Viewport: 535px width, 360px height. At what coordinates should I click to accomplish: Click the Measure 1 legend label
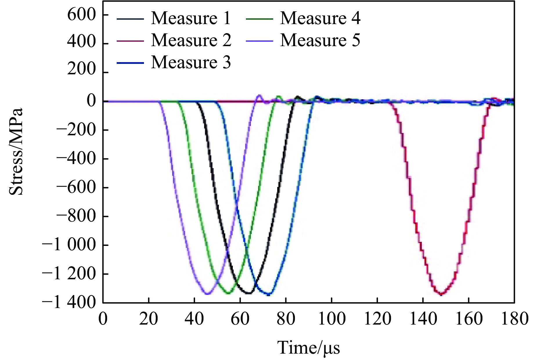point(191,18)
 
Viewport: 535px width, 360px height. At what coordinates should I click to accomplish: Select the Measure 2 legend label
point(191,40)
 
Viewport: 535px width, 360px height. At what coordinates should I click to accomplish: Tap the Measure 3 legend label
point(191,62)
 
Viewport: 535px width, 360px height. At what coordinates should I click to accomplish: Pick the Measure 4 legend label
point(320,18)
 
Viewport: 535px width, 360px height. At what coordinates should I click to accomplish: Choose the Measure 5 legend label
point(320,40)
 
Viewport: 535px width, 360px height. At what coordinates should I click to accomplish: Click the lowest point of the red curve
point(441,294)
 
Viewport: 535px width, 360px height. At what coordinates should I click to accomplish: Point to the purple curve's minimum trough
point(207,294)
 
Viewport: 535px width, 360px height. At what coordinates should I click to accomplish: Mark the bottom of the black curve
point(249,293)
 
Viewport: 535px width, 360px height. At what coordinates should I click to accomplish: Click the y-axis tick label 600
point(82,15)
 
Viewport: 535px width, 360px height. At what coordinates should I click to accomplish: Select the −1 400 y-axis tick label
point(69,303)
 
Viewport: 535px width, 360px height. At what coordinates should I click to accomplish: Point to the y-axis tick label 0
point(91,101)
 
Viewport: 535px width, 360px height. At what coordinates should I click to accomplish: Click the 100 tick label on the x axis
point(332,319)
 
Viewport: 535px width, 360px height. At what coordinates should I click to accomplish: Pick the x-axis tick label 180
point(514,319)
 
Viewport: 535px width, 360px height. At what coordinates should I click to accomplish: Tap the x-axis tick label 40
point(194,319)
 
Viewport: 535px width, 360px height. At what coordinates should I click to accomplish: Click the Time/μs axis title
point(309,348)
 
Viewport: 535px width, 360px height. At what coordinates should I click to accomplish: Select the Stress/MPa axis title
point(16,152)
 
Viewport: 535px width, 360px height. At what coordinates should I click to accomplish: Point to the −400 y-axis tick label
point(76,159)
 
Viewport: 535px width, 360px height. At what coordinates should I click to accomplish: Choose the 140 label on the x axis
point(423,319)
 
